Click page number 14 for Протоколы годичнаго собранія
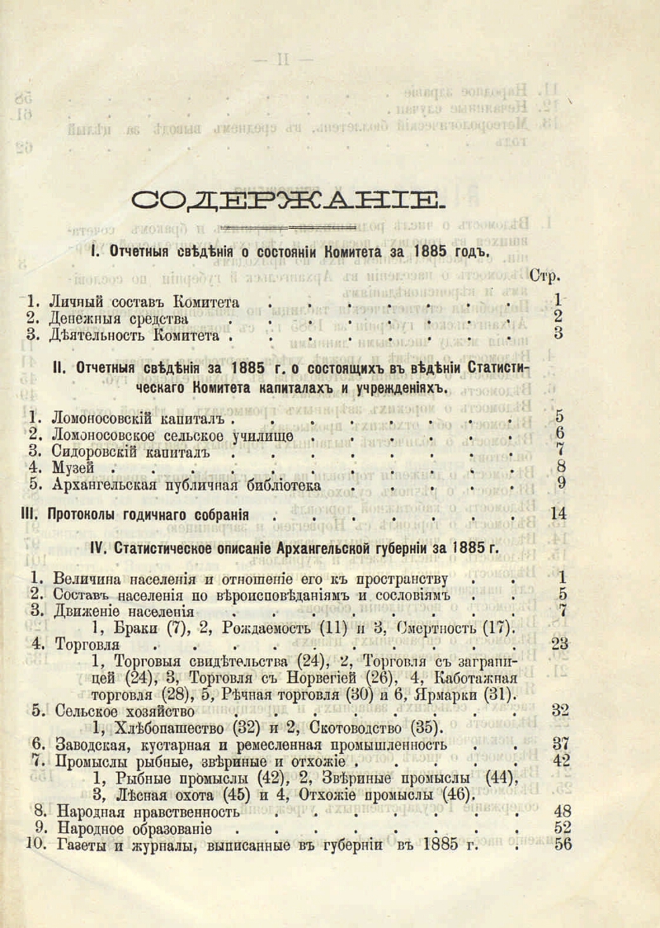[559, 514]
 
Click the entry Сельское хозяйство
[123, 710]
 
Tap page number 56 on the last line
[563, 844]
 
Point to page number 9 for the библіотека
[560, 484]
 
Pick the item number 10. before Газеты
[37, 844]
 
